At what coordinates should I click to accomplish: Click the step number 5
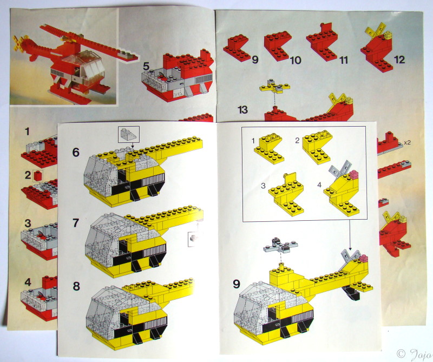tap(146, 67)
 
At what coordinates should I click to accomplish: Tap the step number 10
tap(295, 60)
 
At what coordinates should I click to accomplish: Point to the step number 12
tap(399, 60)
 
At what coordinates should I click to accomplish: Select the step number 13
tap(242, 110)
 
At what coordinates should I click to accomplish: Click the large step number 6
tap(76, 152)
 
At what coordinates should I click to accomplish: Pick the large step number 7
tap(76, 223)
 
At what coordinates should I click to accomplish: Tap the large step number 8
tap(76, 286)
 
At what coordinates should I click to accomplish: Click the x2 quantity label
tap(407, 143)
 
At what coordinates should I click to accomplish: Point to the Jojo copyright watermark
tap(415, 354)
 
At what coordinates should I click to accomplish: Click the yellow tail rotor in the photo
tap(21, 43)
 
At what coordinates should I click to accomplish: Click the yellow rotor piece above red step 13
tap(275, 88)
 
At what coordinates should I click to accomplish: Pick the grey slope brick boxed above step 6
tap(129, 134)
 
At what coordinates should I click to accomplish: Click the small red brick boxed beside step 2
tap(37, 176)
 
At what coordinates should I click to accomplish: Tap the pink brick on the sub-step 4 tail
tap(353, 174)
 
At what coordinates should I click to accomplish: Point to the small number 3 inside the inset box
tap(263, 186)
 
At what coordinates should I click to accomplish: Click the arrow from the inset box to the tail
tap(350, 235)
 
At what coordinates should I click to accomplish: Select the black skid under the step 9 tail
tap(351, 293)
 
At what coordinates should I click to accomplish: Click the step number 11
tap(344, 60)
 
